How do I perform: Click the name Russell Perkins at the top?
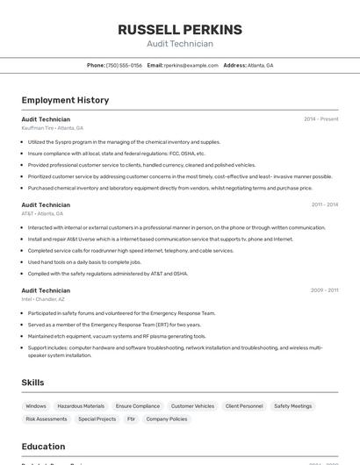point(179,30)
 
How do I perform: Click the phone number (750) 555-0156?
point(124,65)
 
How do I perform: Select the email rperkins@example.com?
point(191,65)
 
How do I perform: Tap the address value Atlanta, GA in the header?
point(260,65)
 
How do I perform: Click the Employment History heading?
point(65,100)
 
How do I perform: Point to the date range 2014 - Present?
point(320,118)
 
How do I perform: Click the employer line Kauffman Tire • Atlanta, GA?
point(53,127)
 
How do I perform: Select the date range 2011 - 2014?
point(324,204)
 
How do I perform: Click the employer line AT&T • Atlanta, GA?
point(42,213)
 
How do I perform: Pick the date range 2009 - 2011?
point(324,290)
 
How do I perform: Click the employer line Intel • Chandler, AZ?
point(43,299)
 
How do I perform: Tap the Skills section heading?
point(32,383)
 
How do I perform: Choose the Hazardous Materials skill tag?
point(81,406)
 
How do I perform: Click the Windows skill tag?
point(36,406)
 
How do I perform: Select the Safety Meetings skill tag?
point(292,406)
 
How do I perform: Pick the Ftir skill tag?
point(131,419)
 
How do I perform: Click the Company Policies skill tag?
point(166,419)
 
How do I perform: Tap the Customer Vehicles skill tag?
point(192,406)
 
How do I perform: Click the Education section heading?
point(43,446)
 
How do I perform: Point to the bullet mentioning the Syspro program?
point(124,141)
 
